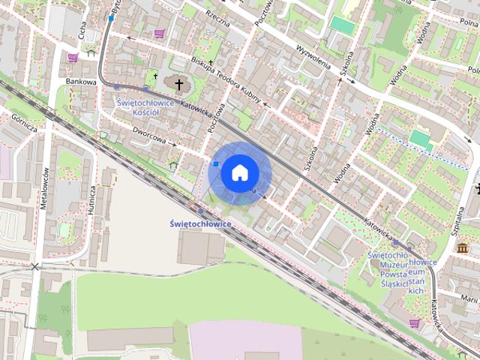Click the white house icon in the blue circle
(x=239, y=172)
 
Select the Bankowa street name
(x=82, y=82)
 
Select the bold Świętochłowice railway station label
(x=200, y=223)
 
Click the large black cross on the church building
(x=178, y=81)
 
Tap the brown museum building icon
(x=461, y=247)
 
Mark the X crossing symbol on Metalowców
(x=34, y=266)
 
